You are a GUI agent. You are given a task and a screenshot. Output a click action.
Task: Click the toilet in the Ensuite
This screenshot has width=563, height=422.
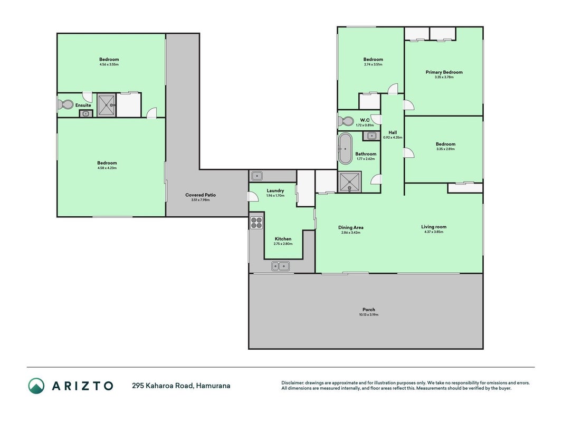click(65, 104)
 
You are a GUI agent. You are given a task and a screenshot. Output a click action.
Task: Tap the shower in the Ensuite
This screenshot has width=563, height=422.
click(107, 105)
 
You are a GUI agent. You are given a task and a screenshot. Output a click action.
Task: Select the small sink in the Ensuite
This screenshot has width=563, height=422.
click(86, 113)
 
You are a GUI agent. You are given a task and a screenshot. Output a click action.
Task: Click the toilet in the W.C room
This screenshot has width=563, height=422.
click(346, 121)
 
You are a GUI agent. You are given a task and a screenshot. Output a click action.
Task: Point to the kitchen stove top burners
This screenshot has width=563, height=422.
click(256, 223)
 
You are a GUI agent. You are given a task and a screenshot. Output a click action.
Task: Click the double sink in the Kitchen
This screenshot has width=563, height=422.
click(280, 266)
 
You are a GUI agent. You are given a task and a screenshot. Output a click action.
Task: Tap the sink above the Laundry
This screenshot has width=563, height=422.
click(257, 176)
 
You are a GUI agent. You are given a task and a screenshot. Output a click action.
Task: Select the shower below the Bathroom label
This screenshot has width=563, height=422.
click(350, 182)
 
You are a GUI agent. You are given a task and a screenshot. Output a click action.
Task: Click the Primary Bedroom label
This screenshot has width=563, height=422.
click(444, 72)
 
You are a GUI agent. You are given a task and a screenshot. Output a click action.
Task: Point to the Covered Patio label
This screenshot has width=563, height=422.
click(201, 195)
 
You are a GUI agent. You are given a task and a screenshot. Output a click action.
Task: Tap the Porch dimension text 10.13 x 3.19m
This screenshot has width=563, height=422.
click(369, 315)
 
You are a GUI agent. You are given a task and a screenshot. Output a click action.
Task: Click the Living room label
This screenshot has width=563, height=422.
click(434, 227)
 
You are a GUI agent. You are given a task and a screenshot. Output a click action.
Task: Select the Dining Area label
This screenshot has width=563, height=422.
click(351, 227)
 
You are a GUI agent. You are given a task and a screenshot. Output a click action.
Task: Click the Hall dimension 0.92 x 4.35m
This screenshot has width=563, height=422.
click(393, 138)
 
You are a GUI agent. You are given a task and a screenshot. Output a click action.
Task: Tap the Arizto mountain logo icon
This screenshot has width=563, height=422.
click(36, 386)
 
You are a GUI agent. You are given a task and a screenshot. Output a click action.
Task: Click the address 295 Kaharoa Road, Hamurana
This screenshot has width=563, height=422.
click(181, 386)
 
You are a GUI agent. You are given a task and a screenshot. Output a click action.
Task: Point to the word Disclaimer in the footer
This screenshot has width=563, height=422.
click(292, 383)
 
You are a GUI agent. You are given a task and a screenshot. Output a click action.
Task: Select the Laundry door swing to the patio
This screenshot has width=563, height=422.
click(253, 196)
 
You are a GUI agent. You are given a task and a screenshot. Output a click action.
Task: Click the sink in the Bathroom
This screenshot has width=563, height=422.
click(371, 136)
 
